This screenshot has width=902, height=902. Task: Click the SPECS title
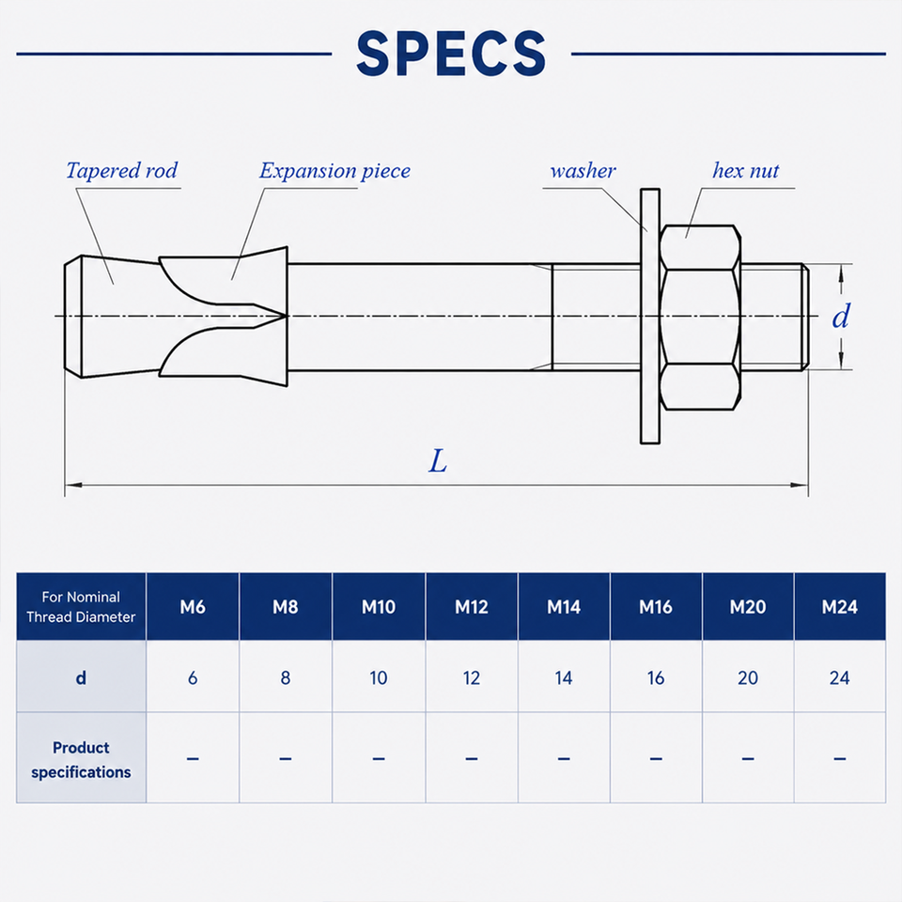(x=451, y=54)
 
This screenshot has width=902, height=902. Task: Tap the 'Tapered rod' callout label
(x=122, y=170)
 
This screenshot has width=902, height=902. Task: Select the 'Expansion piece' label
(x=334, y=171)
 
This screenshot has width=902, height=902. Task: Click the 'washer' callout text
(x=583, y=171)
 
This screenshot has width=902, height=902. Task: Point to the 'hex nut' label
(x=745, y=170)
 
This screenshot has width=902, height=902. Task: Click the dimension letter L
(x=438, y=460)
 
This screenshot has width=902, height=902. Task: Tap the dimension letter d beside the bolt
(x=840, y=316)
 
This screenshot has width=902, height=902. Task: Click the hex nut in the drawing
(x=699, y=317)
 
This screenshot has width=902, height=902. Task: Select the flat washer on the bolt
(x=650, y=316)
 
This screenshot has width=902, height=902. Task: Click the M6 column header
(x=193, y=607)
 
